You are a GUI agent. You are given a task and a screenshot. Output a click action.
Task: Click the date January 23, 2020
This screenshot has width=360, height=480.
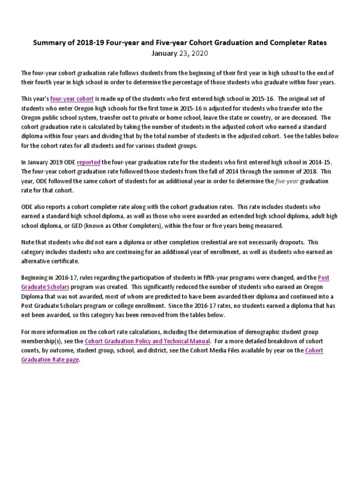click(x=180, y=53)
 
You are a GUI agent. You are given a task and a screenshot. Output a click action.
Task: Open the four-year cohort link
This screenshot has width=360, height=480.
click(x=72, y=99)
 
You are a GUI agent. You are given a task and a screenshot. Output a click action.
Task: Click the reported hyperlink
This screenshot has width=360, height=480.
click(x=89, y=162)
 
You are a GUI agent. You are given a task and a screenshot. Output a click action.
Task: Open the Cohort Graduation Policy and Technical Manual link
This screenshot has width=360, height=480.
click(x=148, y=341)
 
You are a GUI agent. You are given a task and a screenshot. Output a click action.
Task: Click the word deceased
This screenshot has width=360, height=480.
click(x=301, y=118)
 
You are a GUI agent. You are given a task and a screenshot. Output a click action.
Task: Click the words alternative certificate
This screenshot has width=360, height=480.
click(x=51, y=261)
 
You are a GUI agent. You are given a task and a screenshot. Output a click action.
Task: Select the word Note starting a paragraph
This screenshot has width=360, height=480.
click(x=29, y=243)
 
